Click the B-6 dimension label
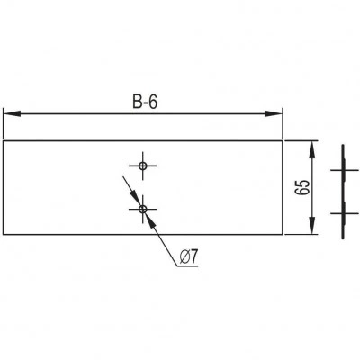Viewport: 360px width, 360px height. (x=145, y=103)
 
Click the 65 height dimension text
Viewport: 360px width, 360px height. (x=302, y=188)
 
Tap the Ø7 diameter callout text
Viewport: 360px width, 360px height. (x=189, y=257)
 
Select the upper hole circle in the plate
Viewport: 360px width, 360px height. (x=143, y=166)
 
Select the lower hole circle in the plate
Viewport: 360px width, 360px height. (x=143, y=209)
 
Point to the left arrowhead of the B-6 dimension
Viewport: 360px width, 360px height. (x=12, y=113)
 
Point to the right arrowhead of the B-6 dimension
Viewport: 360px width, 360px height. (x=274, y=113)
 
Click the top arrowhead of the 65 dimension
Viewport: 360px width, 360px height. (x=312, y=149)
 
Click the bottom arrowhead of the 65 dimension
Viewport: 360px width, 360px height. (x=312, y=225)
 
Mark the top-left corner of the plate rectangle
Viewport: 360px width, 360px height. (x=4, y=140)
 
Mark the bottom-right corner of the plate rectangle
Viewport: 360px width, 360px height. (x=283, y=234)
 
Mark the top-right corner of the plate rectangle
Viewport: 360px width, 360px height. (x=283, y=140)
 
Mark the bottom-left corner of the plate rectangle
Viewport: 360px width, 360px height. (x=4, y=234)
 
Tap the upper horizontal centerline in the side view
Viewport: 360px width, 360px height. (x=344, y=170)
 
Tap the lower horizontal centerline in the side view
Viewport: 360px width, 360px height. (x=344, y=213)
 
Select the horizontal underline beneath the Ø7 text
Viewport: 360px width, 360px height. (x=186, y=265)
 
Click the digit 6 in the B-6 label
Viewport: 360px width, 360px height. (x=153, y=103)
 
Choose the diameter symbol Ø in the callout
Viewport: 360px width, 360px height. (x=184, y=257)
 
